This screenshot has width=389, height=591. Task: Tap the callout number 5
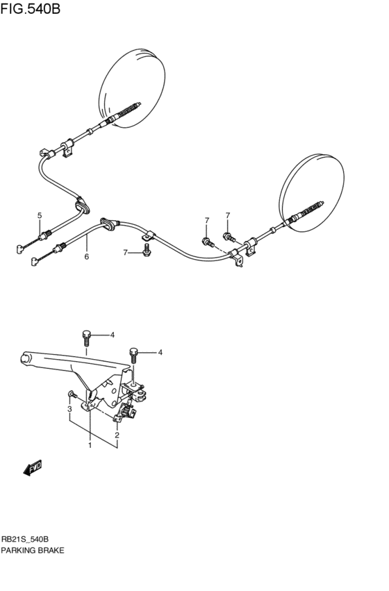coord(40,215)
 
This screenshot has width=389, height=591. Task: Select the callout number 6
coord(87,257)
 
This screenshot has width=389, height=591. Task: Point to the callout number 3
coord(69,409)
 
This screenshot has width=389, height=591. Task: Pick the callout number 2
coord(117,435)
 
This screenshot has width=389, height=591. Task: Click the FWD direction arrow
coord(33,469)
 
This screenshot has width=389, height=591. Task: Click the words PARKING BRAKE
coord(33,550)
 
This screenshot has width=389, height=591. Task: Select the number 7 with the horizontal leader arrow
coord(126,252)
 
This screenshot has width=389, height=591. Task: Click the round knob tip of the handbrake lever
coord(25,358)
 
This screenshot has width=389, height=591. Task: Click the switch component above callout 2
coord(128,415)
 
